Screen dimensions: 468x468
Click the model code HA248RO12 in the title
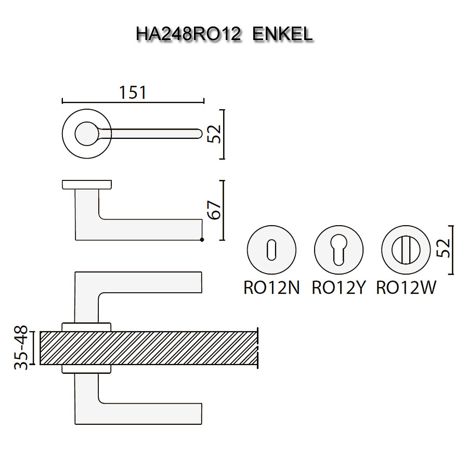(x=188, y=34)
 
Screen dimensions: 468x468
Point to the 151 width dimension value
(x=133, y=93)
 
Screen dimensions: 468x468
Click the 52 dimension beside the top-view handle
(x=215, y=134)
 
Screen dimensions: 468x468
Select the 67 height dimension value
(x=215, y=210)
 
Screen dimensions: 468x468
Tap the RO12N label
(x=271, y=288)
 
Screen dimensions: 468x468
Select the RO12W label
(x=406, y=288)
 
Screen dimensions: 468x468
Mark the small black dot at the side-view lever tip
(x=202, y=240)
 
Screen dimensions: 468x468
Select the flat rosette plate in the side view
(x=87, y=184)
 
